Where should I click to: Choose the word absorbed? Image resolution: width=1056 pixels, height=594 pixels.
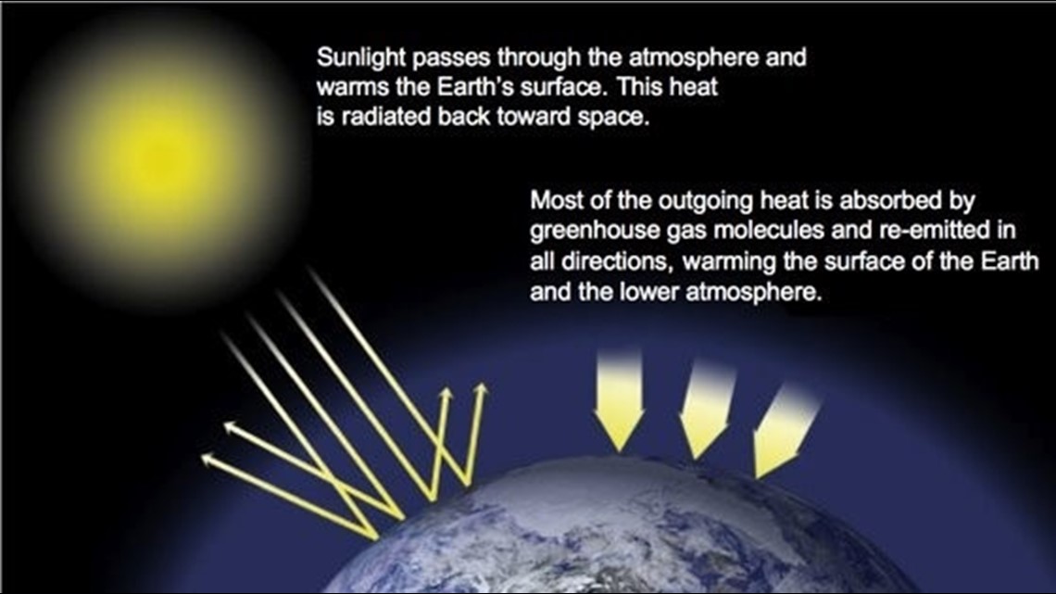point(888,201)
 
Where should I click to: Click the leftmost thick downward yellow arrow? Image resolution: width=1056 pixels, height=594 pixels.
point(619,400)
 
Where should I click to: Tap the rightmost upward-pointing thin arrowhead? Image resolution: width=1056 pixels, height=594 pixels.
point(480,390)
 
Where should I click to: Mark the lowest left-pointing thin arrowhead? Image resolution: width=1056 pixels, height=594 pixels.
point(208,460)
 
